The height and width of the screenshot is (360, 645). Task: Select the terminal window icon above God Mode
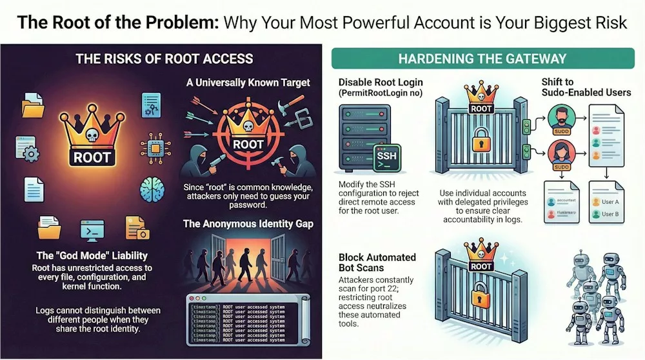(92, 230)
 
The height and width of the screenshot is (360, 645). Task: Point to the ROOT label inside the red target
(248, 144)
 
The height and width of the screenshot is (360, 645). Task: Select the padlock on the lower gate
(481, 295)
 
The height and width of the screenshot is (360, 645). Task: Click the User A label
(610, 201)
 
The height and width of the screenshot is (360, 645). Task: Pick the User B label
(610, 214)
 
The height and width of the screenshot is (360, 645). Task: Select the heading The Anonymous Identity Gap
(249, 224)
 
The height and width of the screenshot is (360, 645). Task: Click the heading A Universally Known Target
(249, 82)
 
